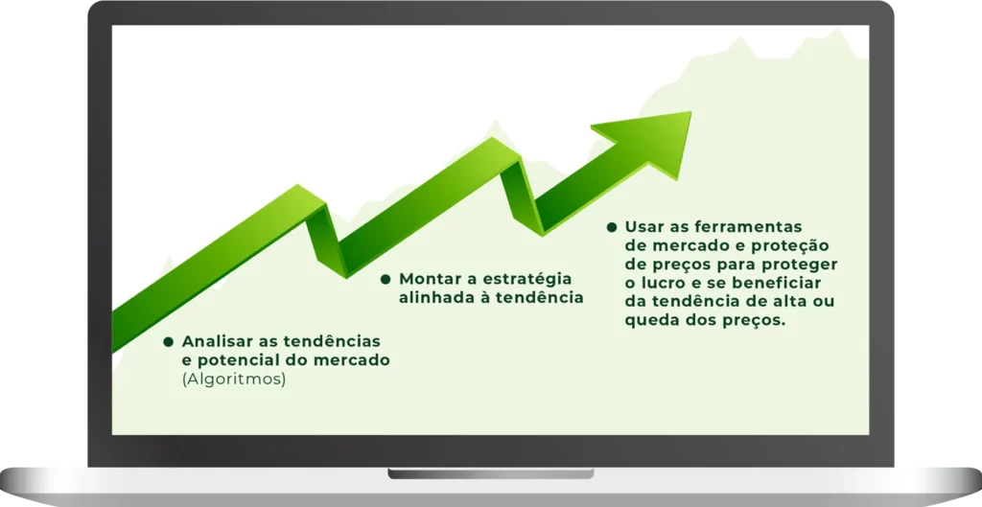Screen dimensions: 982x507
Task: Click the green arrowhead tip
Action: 690,112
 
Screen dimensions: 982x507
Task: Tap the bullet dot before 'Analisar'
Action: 168,342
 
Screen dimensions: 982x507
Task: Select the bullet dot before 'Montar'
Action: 386,279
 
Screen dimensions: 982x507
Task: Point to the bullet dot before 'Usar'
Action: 612,227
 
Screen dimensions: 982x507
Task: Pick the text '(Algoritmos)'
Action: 234,380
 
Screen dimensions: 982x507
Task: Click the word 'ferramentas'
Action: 746,226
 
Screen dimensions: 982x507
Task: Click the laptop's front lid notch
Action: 490,473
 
